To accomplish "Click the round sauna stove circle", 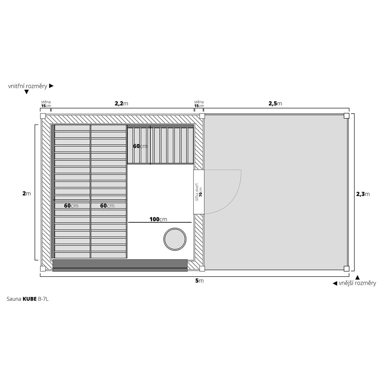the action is tap(175, 228).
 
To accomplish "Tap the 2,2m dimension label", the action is tap(121, 103).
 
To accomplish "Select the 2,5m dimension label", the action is tap(275, 103).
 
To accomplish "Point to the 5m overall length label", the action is tap(199, 281).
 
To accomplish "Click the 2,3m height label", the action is tap(363, 194).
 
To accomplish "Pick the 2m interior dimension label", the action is tap(27, 193).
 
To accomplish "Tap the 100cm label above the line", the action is tap(158, 219).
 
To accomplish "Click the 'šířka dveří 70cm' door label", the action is tap(199, 192).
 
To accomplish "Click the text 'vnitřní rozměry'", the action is tap(28, 86).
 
